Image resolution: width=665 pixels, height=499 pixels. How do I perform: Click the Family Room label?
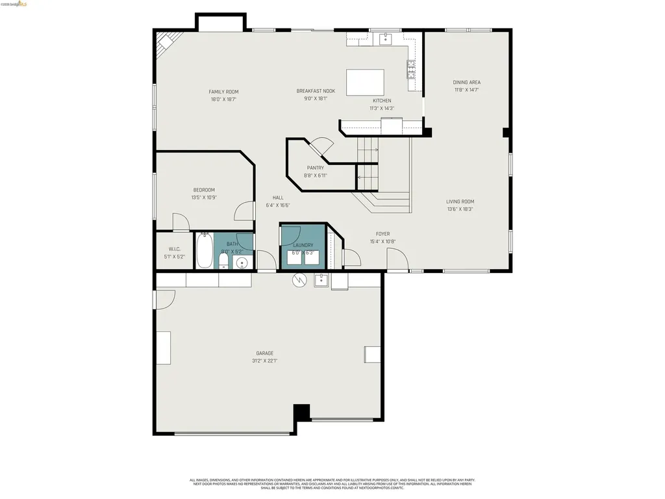223,92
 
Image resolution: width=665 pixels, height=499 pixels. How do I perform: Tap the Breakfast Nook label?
316,91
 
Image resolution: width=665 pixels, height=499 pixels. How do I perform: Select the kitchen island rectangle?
364,83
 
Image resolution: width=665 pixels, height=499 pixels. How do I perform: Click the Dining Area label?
467,83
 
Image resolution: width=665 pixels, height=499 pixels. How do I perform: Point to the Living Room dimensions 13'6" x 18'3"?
460,209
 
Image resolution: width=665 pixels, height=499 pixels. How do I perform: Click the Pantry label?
316,168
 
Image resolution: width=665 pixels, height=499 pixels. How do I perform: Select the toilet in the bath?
223,261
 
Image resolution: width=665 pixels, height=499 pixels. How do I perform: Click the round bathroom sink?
242,263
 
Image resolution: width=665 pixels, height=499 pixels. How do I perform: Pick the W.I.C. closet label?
174,249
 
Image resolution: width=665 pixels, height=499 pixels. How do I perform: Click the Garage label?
264,353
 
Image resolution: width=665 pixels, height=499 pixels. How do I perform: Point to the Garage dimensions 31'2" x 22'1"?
264,361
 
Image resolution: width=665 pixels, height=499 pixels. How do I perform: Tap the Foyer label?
383,234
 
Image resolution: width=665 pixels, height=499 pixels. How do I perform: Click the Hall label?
278,198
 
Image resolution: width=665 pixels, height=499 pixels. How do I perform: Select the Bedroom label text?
203,190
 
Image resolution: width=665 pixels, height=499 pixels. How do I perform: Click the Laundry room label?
303,245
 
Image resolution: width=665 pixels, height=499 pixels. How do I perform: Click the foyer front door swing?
397,259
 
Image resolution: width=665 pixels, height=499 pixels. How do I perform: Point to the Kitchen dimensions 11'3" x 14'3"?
382,109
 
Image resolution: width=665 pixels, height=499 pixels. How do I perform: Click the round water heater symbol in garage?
299,280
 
